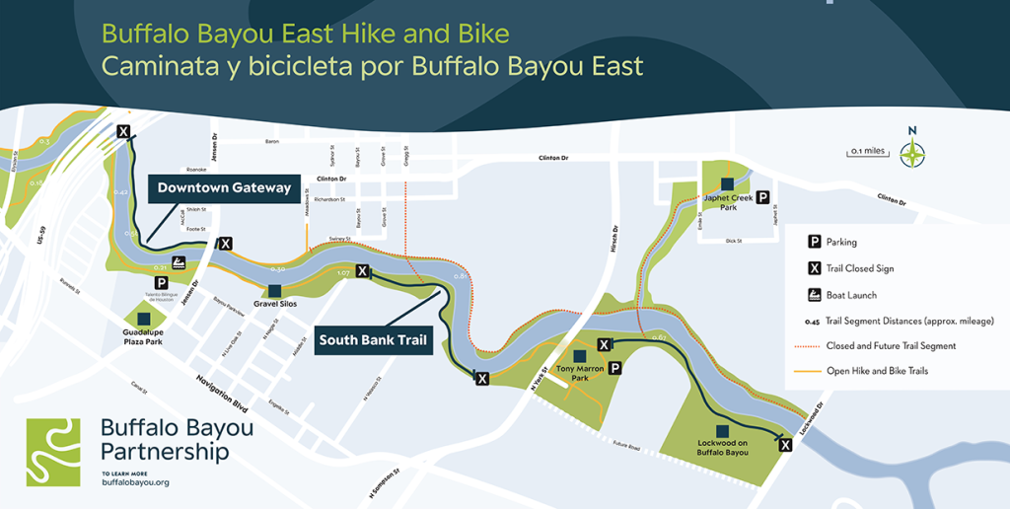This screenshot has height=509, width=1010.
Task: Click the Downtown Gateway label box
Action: [224, 187]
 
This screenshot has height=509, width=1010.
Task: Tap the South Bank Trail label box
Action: [373, 340]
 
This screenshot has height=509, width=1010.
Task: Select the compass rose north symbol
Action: [913, 151]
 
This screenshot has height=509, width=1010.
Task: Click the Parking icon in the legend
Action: [815, 242]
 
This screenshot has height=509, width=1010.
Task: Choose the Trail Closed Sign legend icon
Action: [815, 268]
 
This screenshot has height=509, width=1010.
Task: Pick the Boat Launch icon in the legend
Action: [815, 294]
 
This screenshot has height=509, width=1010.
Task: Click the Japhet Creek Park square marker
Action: [727, 183]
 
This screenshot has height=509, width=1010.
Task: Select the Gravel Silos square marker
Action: [274, 290]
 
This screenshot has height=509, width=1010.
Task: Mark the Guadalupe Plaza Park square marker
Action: [144, 319]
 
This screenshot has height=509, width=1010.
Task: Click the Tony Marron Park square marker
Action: [579, 356]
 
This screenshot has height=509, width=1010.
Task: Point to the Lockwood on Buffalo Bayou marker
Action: [723, 431]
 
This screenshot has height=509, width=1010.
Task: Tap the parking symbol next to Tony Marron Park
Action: [614, 368]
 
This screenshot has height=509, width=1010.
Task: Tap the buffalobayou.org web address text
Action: [135, 481]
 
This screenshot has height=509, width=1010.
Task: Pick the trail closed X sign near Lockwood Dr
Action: [785, 445]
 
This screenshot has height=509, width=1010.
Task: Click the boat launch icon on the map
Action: [180, 262]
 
